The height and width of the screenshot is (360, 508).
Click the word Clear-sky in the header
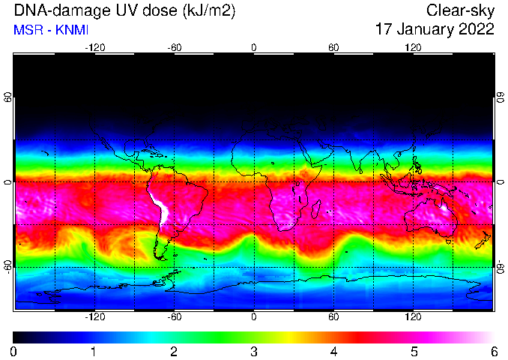tap(460, 11)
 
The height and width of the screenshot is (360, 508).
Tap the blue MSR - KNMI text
tap(51, 30)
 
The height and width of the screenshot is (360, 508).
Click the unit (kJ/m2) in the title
tap(209, 10)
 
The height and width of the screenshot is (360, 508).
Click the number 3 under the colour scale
tap(254, 351)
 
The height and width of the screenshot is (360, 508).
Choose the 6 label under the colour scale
tap(494, 351)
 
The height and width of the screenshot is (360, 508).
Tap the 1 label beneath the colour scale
tap(94, 351)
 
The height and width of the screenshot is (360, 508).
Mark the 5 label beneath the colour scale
tap(414, 351)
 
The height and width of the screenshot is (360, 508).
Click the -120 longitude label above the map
tap(95, 48)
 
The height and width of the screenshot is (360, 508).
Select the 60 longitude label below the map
tap(333, 316)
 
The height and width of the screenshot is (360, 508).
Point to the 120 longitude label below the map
tap(413, 316)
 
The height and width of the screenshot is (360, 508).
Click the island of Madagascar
tap(316, 208)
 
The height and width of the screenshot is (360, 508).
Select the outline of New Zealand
tap(483, 240)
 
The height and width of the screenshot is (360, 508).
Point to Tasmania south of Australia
tap(449, 241)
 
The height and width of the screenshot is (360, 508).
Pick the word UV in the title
tap(127, 10)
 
